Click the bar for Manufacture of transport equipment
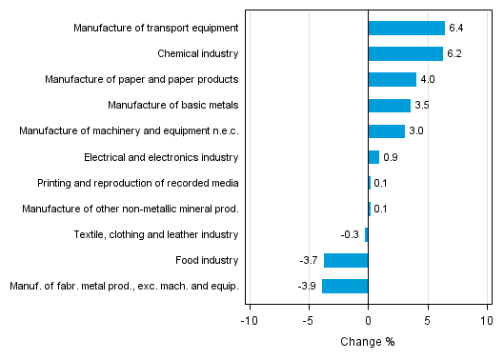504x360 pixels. pyautogui.click(x=406, y=28)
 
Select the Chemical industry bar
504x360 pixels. pyautogui.click(x=405, y=53)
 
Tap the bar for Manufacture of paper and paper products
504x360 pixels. pyautogui.click(x=392, y=79)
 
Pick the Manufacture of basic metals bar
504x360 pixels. pyautogui.click(x=389, y=105)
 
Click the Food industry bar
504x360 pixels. pyautogui.click(x=346, y=260)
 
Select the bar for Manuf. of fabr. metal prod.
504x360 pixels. pyautogui.click(x=345, y=286)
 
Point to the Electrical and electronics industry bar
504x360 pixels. pyautogui.click(x=373, y=156)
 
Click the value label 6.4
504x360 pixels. pyautogui.click(x=455, y=28)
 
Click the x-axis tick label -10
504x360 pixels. pyautogui.click(x=249, y=321)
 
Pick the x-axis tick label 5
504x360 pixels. pyautogui.click(x=428, y=321)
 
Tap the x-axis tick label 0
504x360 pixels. pyautogui.click(x=368, y=321)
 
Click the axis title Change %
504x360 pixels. pyautogui.click(x=367, y=342)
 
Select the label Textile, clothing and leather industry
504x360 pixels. pyautogui.click(x=156, y=234)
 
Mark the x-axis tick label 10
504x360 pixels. pyautogui.click(x=487, y=321)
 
